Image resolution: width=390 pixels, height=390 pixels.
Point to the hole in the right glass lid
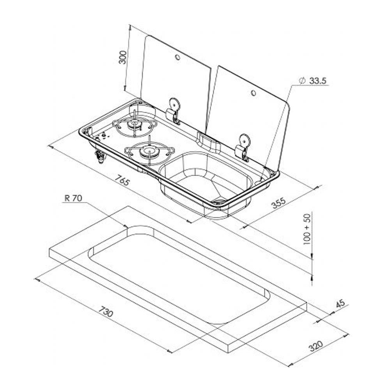coord(253,93)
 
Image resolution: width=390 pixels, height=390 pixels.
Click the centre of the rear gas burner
coord(135,125)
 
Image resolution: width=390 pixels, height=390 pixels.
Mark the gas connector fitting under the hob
coord(100,156)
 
